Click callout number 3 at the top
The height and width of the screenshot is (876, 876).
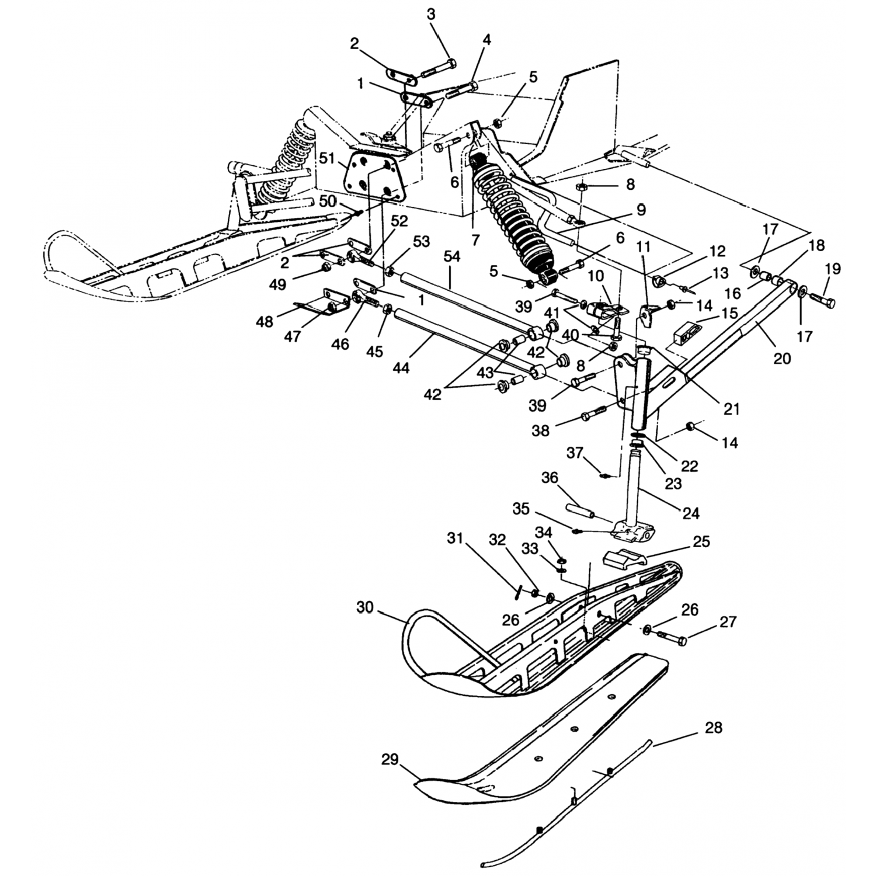(x=431, y=15)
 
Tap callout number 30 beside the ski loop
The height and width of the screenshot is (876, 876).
(x=365, y=608)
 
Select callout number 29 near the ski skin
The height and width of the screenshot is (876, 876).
(x=390, y=760)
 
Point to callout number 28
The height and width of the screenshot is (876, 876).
(x=714, y=728)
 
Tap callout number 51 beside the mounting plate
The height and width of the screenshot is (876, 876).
(x=328, y=158)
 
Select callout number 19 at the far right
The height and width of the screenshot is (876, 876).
(x=832, y=269)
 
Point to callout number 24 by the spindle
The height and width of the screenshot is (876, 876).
(x=691, y=513)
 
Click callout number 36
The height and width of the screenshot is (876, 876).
(x=550, y=478)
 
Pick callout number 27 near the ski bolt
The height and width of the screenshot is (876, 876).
(x=728, y=622)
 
